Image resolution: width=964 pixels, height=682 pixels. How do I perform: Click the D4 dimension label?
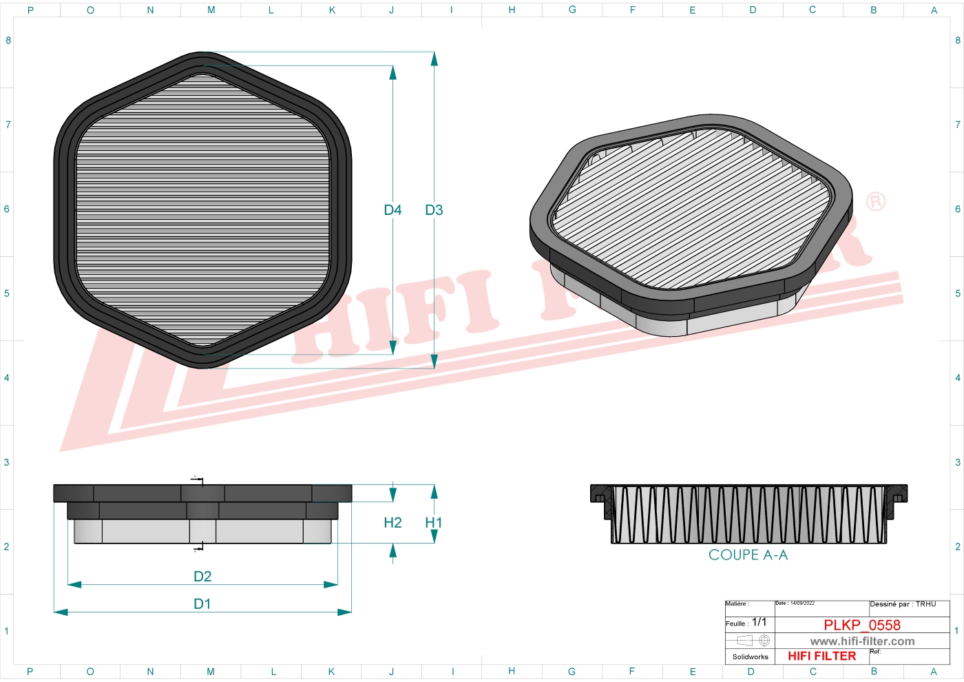(392, 210)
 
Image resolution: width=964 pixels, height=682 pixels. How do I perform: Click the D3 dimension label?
(434, 210)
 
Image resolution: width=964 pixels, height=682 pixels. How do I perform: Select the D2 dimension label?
(202, 576)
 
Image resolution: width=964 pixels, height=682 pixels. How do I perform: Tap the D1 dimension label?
(202, 603)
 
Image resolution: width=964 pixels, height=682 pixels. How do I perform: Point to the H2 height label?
(392, 523)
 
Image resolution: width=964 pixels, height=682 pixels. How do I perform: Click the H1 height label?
(433, 523)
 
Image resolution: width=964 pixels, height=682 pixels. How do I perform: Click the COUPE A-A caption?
(748, 555)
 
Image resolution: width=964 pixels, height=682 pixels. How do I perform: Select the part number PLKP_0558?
(861, 625)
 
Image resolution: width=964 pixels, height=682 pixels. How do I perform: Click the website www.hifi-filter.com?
(862, 641)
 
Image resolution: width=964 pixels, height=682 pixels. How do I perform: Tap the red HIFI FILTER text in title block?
(821, 656)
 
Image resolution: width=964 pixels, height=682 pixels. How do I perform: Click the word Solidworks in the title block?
(750, 657)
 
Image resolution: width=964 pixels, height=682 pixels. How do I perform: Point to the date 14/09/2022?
(802, 603)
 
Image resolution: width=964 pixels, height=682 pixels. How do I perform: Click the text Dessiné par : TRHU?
(903, 604)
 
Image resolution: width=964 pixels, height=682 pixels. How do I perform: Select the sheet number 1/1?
(759, 622)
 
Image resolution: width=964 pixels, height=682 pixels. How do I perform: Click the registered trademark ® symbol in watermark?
(875, 202)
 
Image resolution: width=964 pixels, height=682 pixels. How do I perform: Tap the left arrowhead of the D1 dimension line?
(61, 611)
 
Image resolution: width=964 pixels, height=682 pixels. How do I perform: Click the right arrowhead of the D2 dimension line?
(331, 584)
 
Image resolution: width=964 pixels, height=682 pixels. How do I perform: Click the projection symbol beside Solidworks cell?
(753, 641)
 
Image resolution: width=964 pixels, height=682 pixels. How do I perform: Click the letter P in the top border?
(30, 10)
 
